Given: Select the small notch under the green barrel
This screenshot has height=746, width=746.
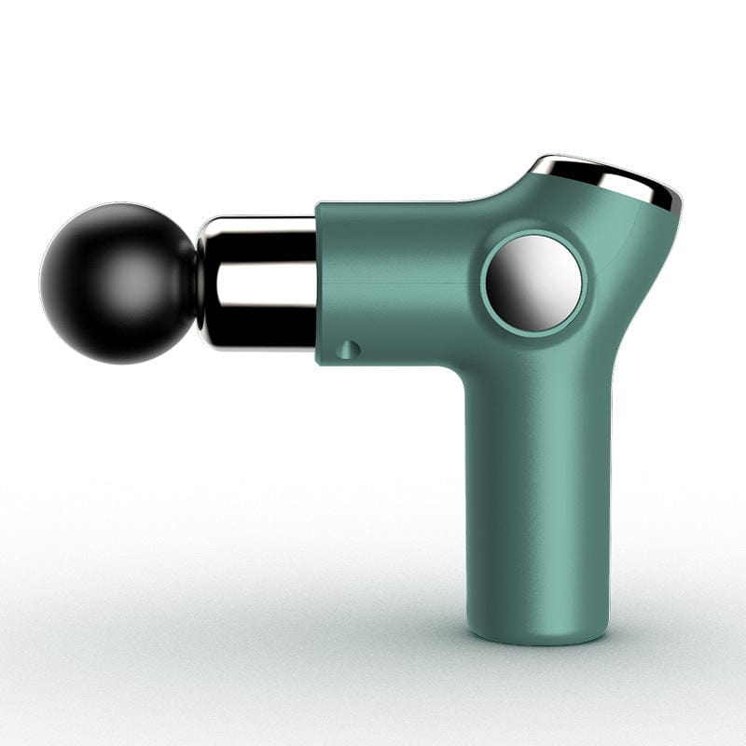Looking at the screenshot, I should coord(351,349).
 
